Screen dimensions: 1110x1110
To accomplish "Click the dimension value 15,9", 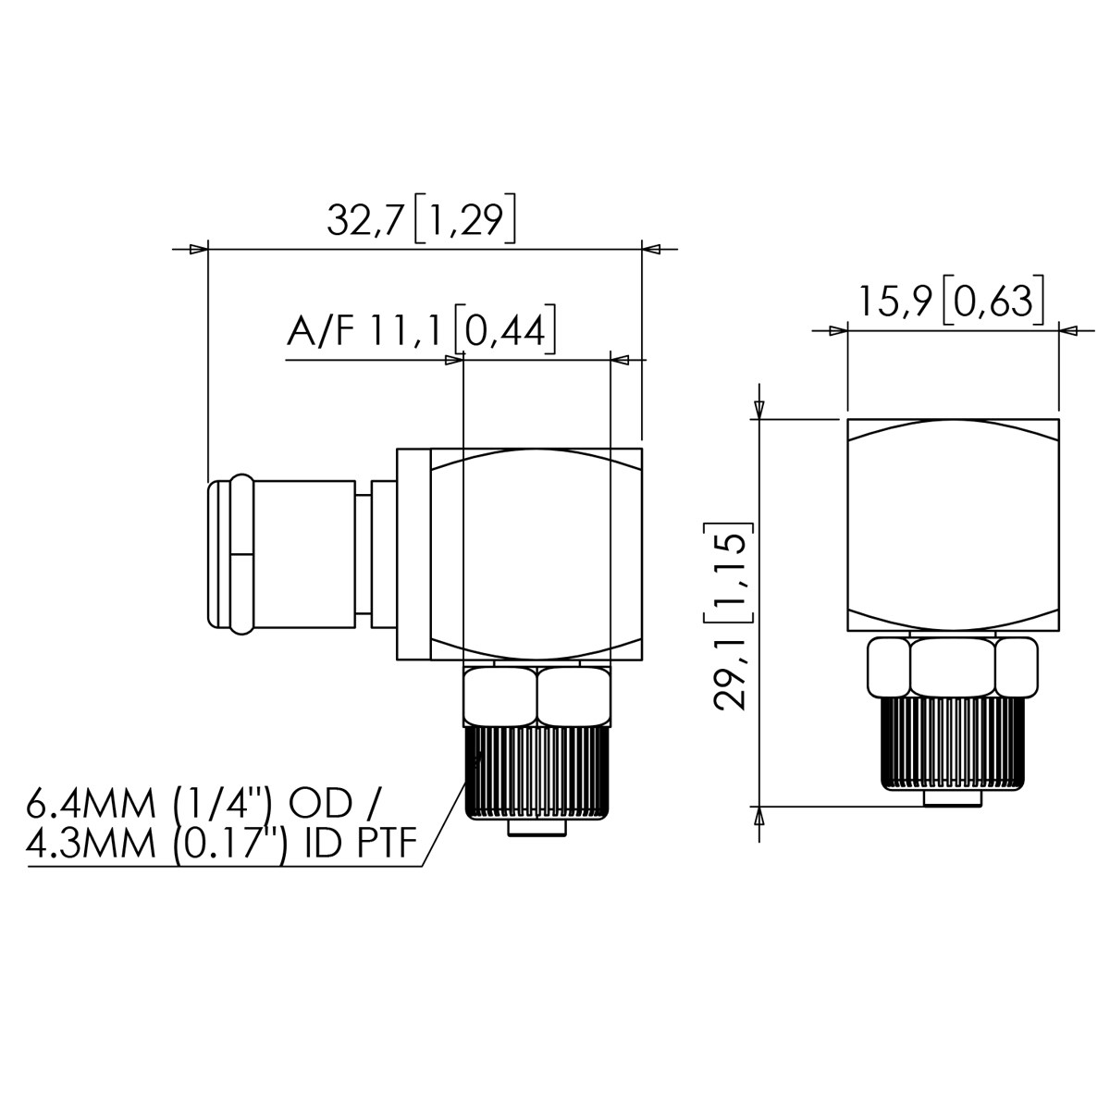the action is pos(895,302).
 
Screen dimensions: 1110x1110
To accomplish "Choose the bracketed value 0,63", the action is pos(993,302).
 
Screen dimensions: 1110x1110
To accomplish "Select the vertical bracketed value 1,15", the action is pos(730,573).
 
